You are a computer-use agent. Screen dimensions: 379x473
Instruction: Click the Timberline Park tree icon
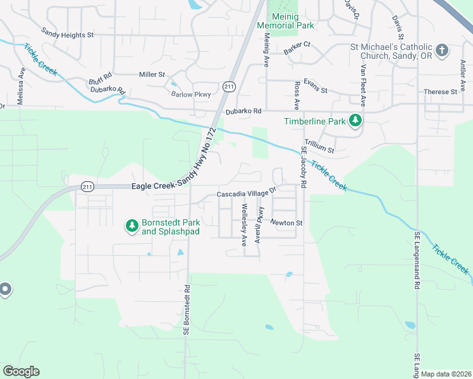coord(355,119)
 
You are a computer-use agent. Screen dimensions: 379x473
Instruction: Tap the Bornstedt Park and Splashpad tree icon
coord(132,225)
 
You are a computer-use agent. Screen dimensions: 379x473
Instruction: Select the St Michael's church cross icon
coord(442,49)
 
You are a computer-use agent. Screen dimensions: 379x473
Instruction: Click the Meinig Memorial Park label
coord(286,20)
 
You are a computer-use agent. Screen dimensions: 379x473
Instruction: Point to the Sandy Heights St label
coord(67,33)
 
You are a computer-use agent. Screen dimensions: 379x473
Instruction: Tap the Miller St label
coord(152,75)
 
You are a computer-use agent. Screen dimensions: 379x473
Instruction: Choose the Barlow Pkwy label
coord(190,94)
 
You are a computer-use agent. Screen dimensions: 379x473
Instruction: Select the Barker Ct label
coord(297,45)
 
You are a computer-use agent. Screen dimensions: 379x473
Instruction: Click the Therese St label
coord(440,92)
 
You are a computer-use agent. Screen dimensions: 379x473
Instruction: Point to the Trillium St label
coord(319,147)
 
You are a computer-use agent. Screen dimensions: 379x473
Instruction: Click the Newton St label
coord(287,222)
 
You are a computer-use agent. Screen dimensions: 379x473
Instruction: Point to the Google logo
coord(21,371)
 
